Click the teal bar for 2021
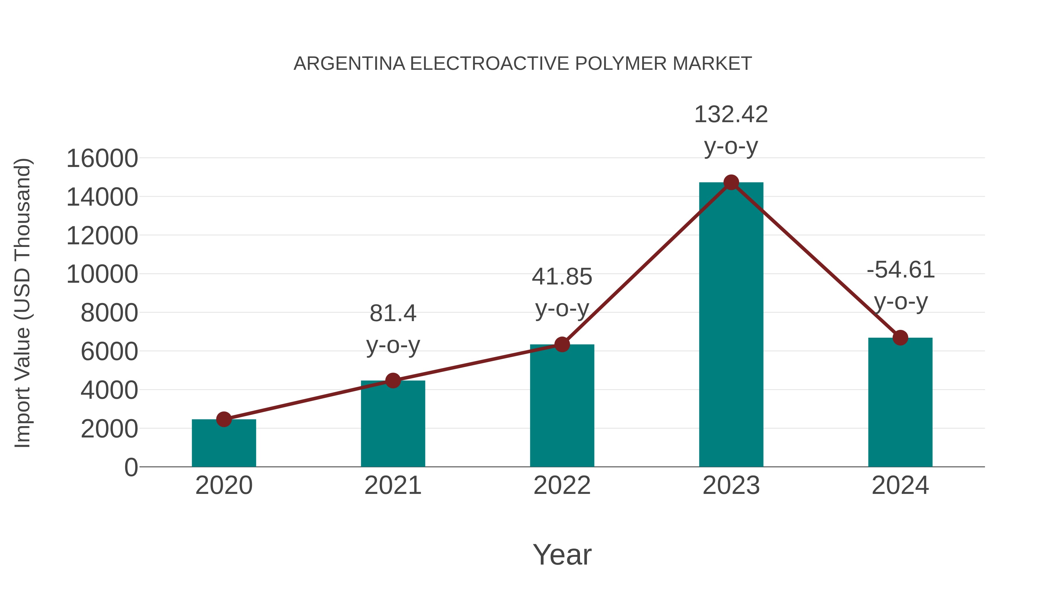393,425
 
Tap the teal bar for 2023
731,325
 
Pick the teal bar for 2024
900,403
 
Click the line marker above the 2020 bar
224,419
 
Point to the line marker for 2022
562,344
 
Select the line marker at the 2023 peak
731,182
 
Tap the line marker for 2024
900,337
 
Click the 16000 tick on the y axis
102,159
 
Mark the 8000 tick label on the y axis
109,313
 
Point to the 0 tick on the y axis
131,467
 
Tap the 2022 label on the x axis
562,485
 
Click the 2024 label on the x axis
900,485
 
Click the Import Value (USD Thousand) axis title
23,303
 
